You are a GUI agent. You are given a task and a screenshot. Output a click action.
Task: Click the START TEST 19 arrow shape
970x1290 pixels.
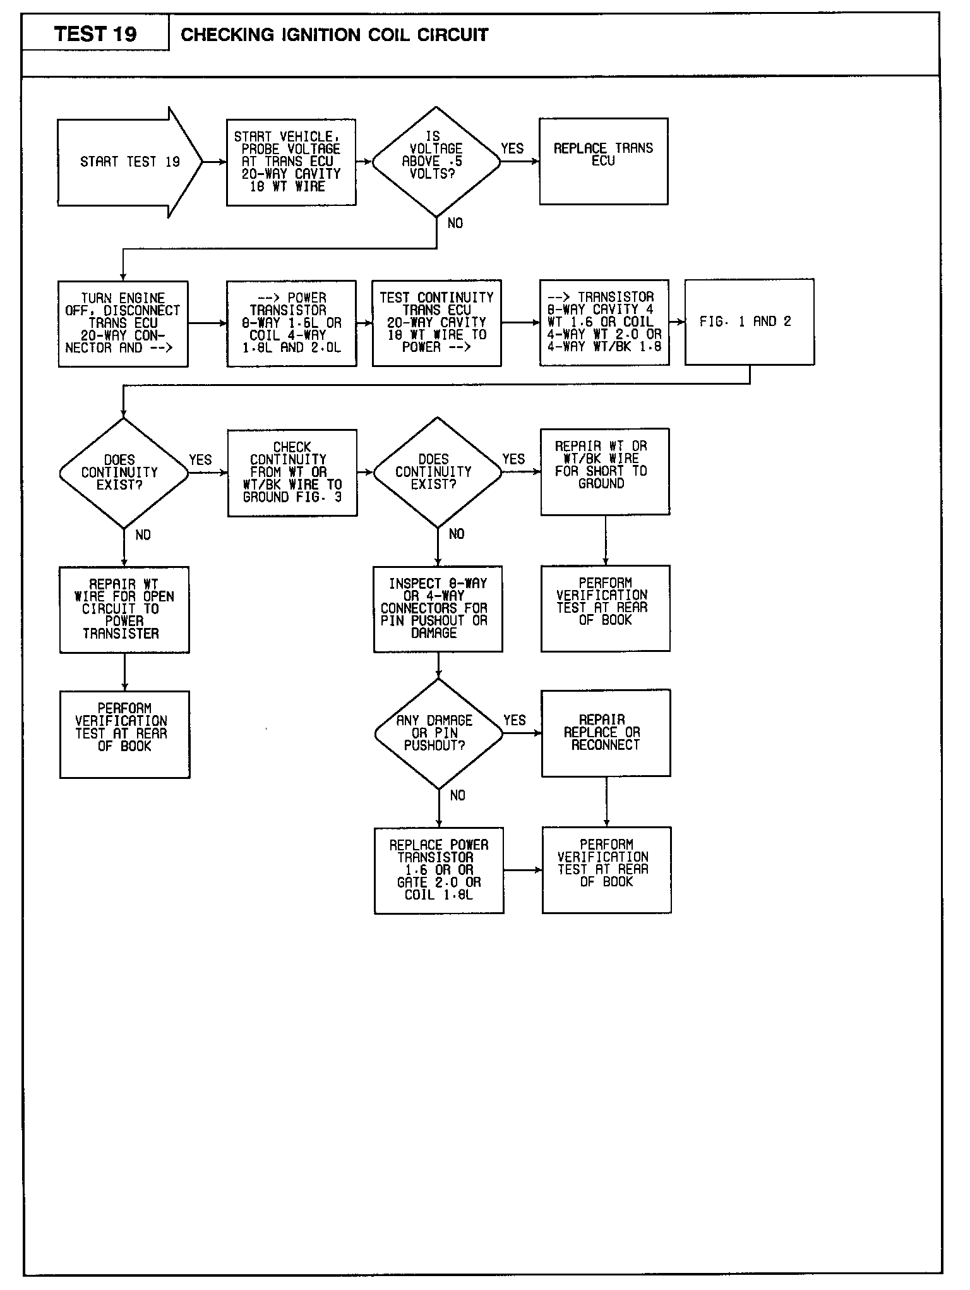129,162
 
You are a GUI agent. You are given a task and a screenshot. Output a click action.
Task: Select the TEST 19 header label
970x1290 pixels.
95,34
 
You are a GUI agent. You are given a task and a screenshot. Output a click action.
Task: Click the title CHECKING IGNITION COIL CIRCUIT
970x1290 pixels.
335,35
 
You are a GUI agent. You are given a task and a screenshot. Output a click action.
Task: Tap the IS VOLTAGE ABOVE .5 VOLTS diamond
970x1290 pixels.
436,162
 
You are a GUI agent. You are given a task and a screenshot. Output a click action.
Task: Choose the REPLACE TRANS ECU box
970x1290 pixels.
603,161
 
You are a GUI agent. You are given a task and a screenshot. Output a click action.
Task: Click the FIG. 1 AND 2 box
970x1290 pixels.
749,322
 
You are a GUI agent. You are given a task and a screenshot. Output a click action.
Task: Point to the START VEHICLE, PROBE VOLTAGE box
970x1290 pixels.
291,162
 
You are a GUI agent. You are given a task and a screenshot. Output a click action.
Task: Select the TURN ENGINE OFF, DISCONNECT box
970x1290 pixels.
123,323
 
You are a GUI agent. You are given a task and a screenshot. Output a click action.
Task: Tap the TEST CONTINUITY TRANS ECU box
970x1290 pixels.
436,323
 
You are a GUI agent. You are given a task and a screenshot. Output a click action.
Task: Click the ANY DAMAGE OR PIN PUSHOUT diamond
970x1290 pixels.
438,733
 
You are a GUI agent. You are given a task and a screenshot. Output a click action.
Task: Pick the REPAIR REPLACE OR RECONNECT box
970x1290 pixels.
606,733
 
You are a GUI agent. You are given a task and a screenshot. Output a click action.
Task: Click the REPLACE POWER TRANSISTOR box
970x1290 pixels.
439,870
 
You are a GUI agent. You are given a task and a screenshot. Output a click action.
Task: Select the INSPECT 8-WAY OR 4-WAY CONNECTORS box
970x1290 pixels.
438,608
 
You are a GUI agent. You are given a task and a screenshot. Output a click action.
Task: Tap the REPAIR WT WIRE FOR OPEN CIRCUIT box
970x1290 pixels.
124,610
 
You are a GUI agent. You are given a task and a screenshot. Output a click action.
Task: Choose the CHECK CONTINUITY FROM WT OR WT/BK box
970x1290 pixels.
292,473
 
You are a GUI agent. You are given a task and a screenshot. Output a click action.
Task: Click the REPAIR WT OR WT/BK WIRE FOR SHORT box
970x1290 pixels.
605,471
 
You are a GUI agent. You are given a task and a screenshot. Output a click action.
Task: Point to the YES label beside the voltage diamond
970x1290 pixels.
512,148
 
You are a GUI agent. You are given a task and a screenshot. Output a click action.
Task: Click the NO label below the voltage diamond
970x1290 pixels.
455,223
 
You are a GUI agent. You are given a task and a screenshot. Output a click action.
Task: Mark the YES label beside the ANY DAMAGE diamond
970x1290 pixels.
515,720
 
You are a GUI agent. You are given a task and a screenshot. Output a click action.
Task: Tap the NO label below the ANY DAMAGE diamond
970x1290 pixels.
457,795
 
